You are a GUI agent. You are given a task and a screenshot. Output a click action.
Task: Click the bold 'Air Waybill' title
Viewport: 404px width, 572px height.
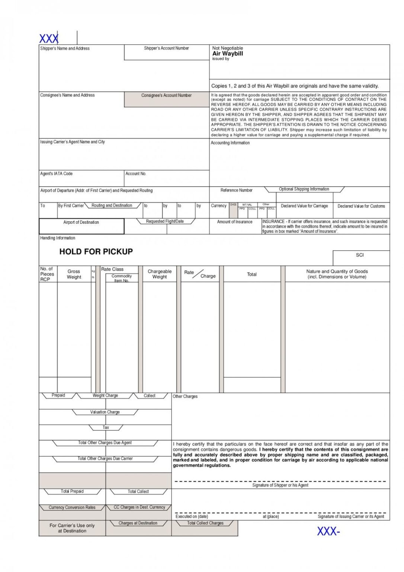pyautogui.click(x=227, y=54)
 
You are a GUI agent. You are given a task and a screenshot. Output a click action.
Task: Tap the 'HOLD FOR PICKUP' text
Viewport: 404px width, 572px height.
pyautogui.click(x=96, y=252)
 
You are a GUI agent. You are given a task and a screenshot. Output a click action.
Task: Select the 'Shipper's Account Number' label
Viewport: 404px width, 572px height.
pyautogui.click(x=166, y=48)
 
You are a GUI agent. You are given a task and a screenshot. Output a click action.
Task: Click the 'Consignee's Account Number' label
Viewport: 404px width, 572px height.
pyautogui.click(x=166, y=95)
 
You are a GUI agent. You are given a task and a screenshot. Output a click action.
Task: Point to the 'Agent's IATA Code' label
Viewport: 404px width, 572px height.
pyautogui.click(x=56, y=174)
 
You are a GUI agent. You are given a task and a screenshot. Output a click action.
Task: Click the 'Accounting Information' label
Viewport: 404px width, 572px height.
pyautogui.click(x=230, y=143)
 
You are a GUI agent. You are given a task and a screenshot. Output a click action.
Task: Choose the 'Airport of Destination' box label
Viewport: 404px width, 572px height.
pyautogui.click(x=81, y=222)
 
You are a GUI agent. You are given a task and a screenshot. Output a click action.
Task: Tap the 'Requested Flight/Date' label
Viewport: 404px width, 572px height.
pyautogui.click(x=165, y=221)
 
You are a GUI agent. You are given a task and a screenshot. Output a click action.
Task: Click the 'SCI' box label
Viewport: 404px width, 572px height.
pyautogui.click(x=359, y=255)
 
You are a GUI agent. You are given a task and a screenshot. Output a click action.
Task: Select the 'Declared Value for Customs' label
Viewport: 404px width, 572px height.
pyautogui.click(x=361, y=206)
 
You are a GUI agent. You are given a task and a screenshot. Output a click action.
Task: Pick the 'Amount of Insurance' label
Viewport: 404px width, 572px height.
pyautogui.click(x=234, y=222)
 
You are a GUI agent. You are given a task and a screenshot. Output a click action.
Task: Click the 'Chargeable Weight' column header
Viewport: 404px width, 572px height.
pyautogui.click(x=160, y=274)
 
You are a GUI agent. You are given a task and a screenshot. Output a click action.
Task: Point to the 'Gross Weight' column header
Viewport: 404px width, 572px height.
pyautogui.click(x=74, y=274)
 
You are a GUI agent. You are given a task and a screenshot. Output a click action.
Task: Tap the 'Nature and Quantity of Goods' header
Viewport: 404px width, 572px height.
pyautogui.click(x=337, y=274)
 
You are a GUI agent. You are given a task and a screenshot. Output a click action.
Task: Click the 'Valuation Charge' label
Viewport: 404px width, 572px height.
pyautogui.click(x=105, y=412)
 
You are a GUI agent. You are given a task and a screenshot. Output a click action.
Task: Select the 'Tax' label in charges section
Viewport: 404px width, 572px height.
pyautogui.click(x=106, y=428)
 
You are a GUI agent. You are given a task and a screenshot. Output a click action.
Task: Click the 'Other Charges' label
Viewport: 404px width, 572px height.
pyautogui.click(x=185, y=397)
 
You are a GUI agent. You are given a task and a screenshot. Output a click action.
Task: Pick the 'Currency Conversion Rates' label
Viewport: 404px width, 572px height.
pyautogui.click(x=72, y=508)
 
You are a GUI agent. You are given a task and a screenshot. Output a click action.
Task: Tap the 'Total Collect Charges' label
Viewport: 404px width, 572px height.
pyautogui.click(x=205, y=523)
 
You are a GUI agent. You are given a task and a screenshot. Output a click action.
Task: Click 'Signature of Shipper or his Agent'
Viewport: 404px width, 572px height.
pyautogui.click(x=280, y=485)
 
